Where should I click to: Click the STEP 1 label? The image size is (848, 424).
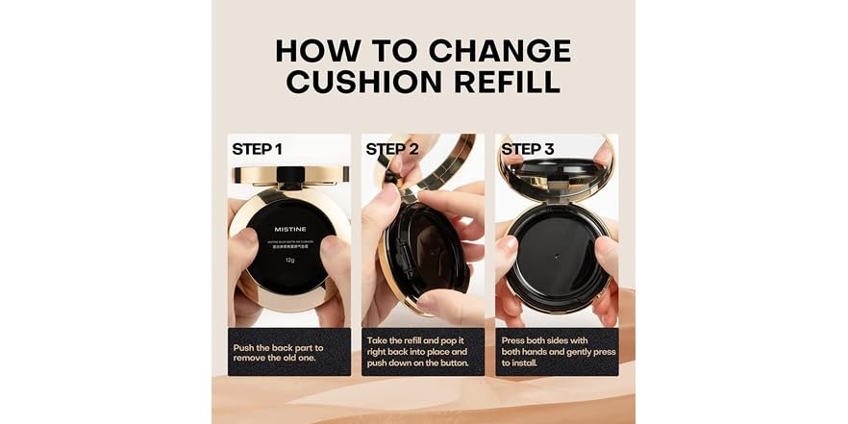[257, 149]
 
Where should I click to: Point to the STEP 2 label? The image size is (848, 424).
[391, 149]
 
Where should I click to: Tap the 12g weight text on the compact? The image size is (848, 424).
[288, 260]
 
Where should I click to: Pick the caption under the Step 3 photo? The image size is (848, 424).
[557, 351]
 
